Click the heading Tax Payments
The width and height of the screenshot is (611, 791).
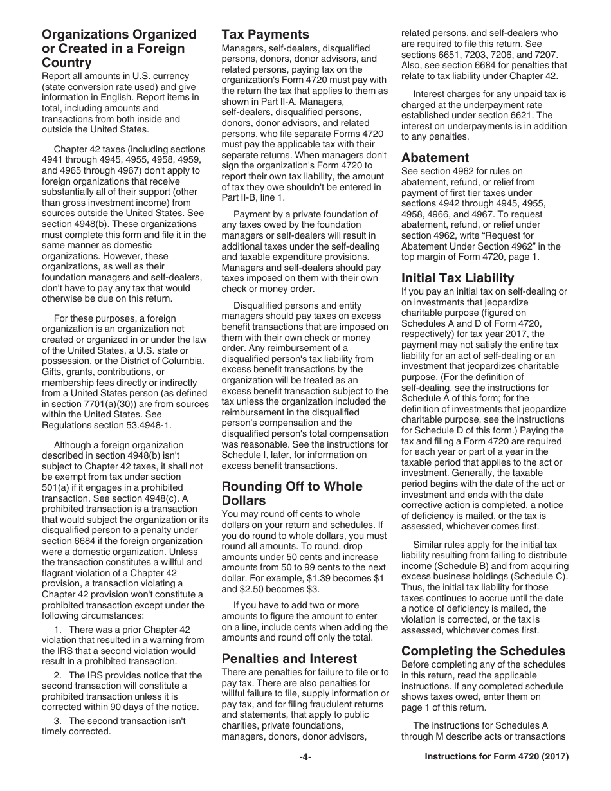[266, 35]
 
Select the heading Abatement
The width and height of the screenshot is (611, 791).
[435, 158]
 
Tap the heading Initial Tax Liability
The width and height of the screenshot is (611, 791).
[457, 278]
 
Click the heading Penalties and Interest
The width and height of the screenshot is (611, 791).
[289, 659]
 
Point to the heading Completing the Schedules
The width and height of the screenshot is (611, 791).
[483, 650]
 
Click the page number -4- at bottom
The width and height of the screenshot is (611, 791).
[305, 758]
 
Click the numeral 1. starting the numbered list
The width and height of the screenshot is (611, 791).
[59, 629]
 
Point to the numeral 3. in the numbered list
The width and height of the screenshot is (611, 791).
[59, 720]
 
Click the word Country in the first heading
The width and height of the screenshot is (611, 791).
[66, 63]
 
